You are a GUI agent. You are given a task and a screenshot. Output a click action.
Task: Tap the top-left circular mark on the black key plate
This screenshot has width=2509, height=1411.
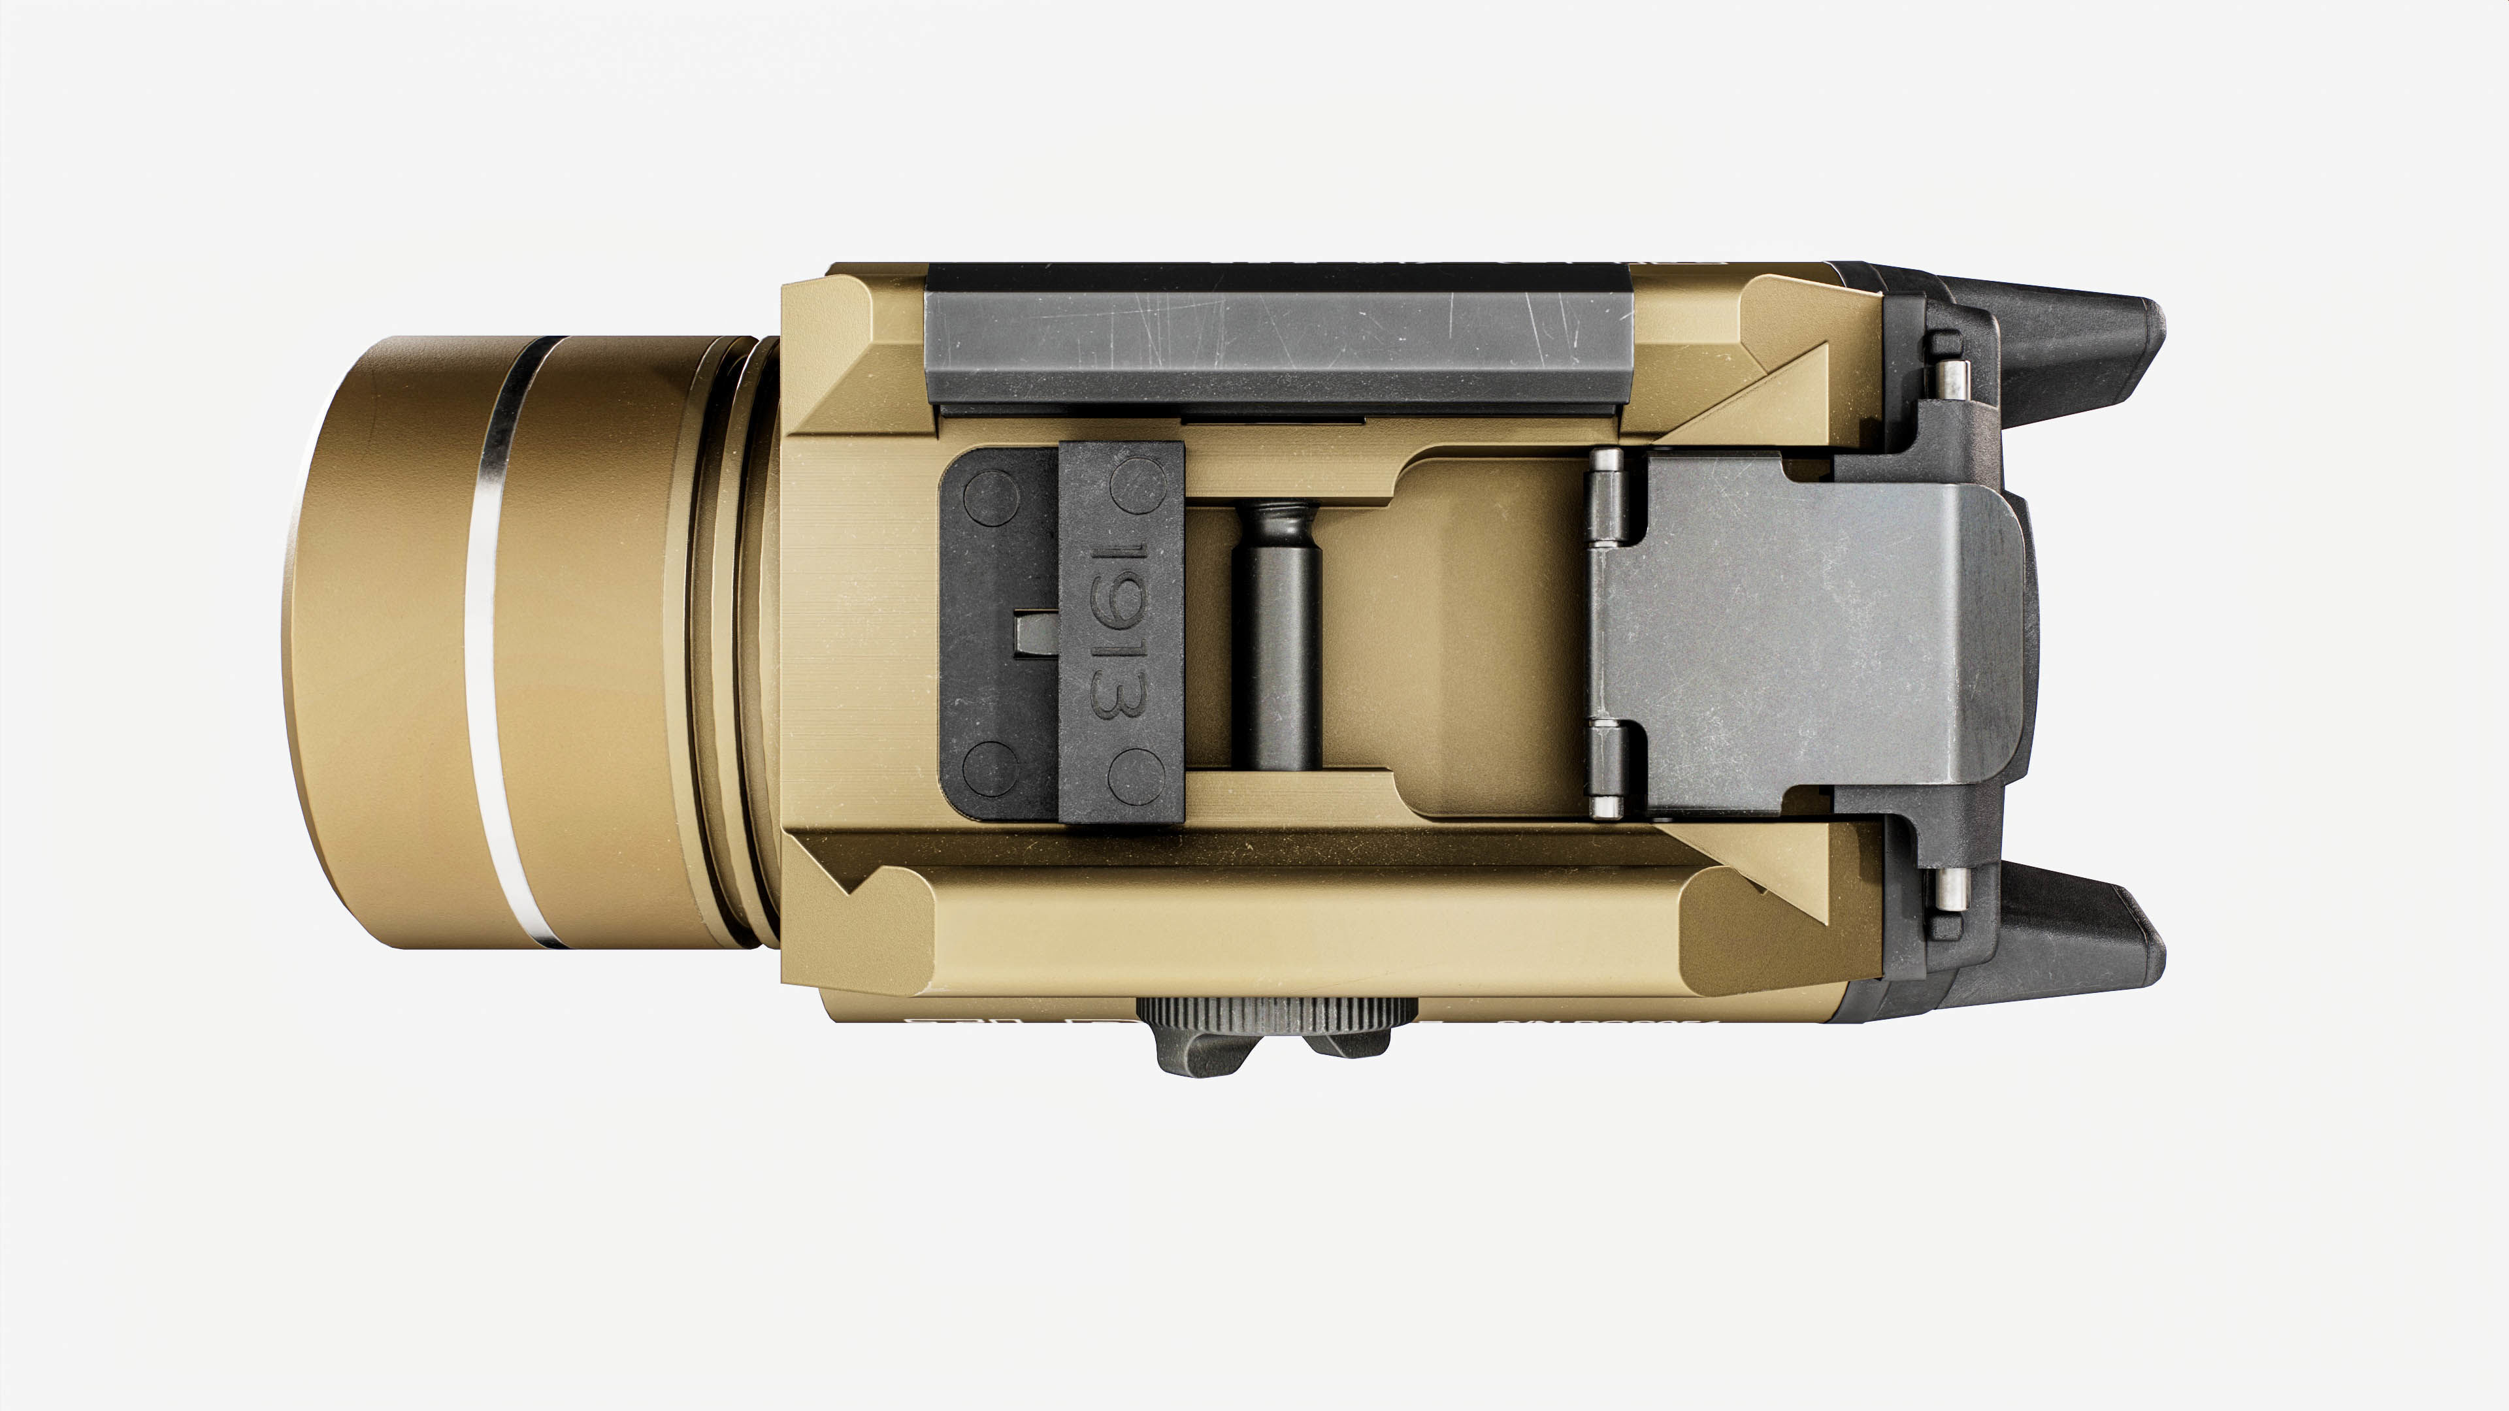click(991, 496)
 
